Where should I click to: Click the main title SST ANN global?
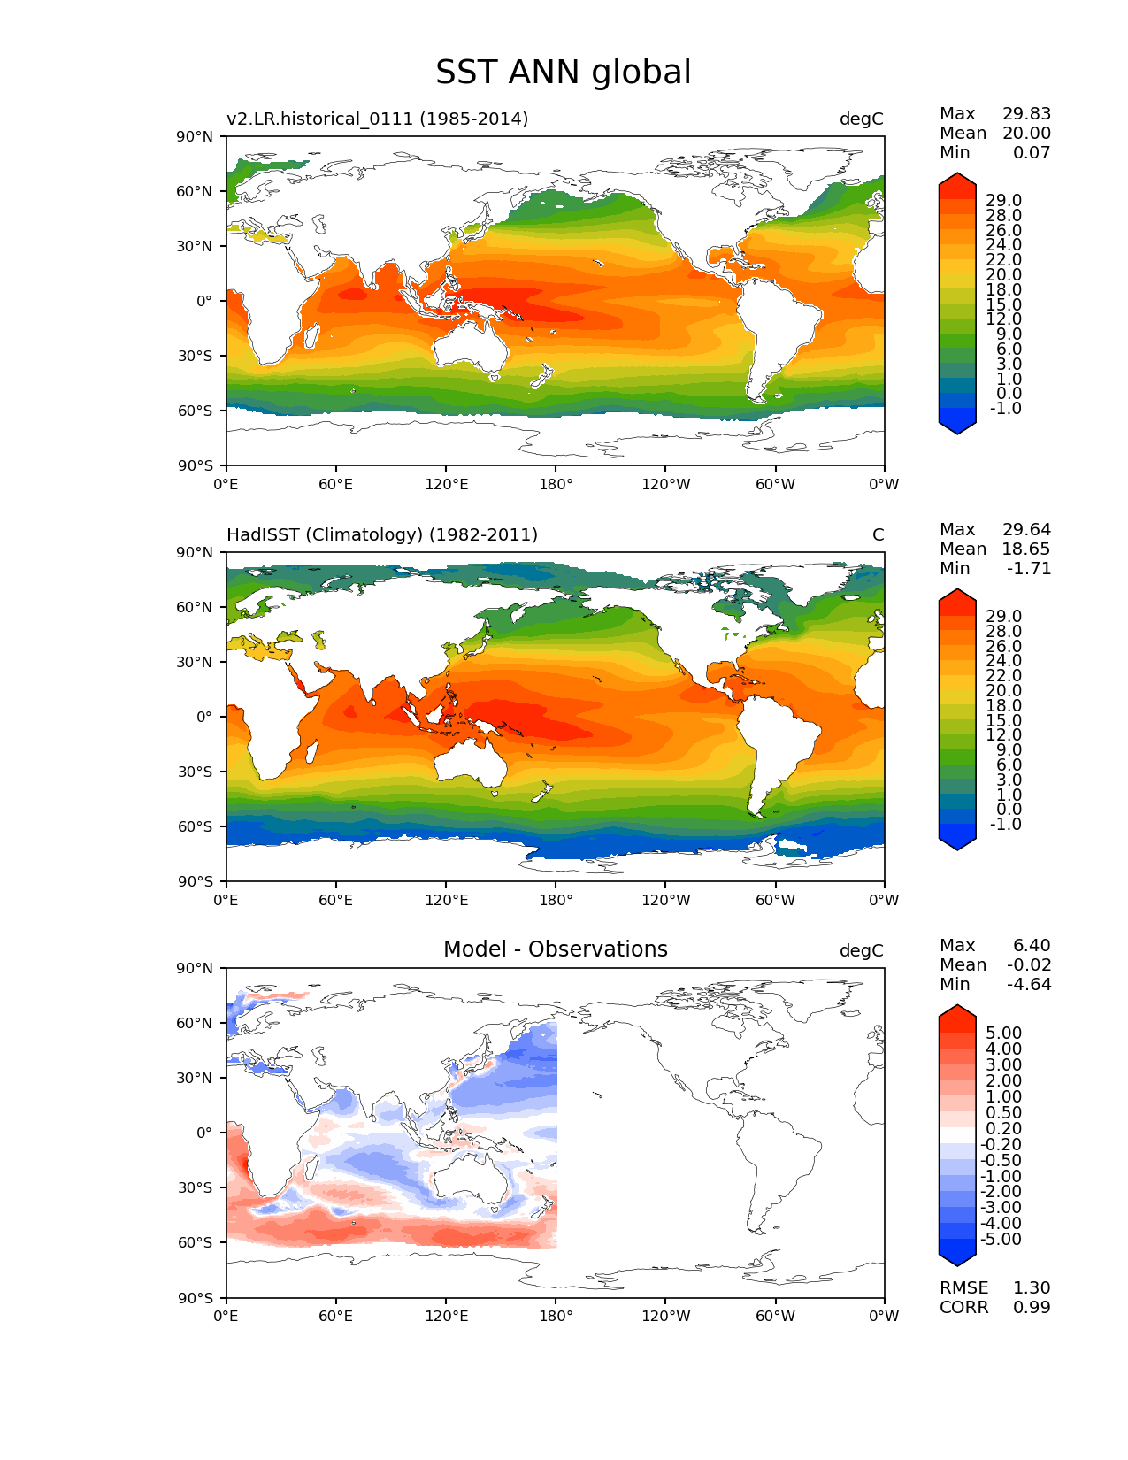pos(563,73)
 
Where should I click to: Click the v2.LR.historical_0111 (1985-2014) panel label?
pos(377,119)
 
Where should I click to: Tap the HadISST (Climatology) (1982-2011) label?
pos(382,534)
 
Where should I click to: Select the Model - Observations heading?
pos(555,949)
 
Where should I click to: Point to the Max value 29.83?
pos(1026,113)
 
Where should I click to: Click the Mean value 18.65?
pos(1026,549)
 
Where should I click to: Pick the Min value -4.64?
pos(1029,984)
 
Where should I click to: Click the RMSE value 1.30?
pos(1032,1287)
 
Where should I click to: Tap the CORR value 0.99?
pos(1032,1307)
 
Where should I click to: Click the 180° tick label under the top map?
pos(556,484)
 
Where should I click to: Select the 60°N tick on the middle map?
pos(196,607)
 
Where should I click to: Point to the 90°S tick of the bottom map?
pos(196,1298)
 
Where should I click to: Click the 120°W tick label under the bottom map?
pos(665,1316)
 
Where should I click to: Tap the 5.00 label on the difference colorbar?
pos(1002,1033)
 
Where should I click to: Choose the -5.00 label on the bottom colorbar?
pos(1001,1239)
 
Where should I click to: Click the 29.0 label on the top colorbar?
pos(1003,201)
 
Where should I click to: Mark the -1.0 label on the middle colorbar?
pos(1005,824)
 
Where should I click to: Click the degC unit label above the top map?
pos(861,119)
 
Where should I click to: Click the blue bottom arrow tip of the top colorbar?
pos(957,431)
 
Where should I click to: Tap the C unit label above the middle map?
pos(878,534)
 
